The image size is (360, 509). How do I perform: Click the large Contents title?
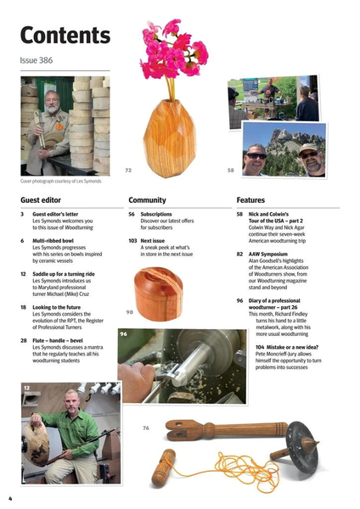pos(65,36)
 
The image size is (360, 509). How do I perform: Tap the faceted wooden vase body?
pos(168,136)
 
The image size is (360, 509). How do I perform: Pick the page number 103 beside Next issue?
pos(133,241)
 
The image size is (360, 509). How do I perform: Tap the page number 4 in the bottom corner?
pos(10,497)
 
